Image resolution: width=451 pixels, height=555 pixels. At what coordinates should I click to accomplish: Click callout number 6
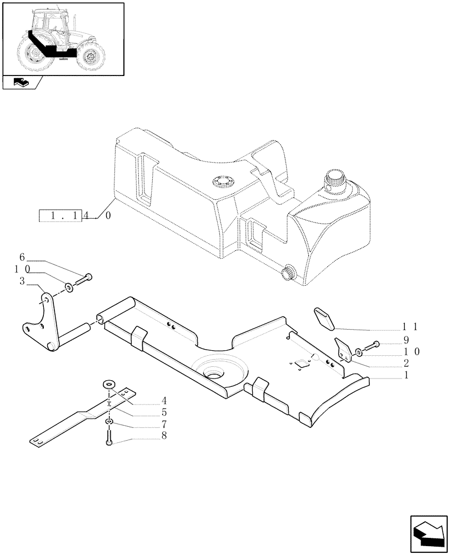pyautogui.click(x=22, y=257)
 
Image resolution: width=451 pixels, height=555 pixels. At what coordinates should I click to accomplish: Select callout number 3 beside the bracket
pyautogui.click(x=22, y=281)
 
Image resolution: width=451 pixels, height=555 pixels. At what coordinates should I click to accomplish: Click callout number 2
pyautogui.click(x=407, y=363)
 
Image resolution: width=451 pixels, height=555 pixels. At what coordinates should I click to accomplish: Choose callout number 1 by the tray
pyautogui.click(x=407, y=375)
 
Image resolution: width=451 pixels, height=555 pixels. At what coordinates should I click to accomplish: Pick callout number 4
pyautogui.click(x=164, y=400)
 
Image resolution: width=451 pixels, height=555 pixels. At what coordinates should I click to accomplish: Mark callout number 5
pyautogui.click(x=164, y=412)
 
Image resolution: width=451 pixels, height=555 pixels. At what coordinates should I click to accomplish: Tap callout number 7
pyautogui.click(x=164, y=425)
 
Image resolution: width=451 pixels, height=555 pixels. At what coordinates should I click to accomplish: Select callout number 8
pyautogui.click(x=164, y=437)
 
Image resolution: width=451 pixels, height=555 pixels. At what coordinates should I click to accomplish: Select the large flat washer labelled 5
pyautogui.click(x=109, y=385)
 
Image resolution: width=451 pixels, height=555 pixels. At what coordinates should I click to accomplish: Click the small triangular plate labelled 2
pyautogui.click(x=343, y=350)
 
